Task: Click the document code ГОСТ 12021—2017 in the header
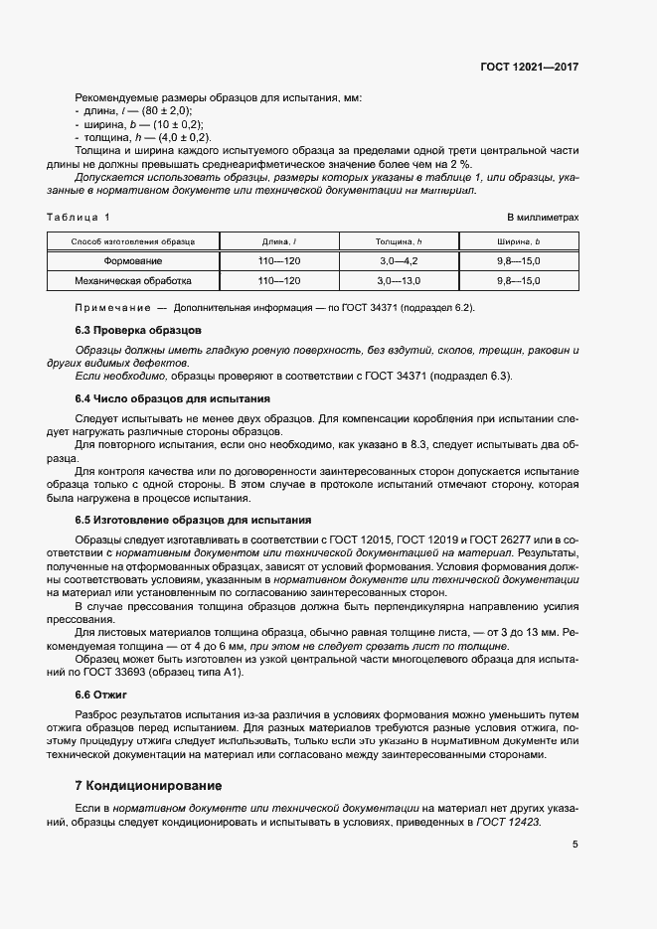click(529, 67)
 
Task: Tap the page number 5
click(575, 846)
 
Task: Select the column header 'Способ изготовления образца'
click(133, 241)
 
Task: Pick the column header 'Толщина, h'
click(399, 241)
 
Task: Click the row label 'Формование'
click(133, 261)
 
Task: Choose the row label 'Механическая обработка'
click(133, 281)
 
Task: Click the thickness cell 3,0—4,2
click(399, 261)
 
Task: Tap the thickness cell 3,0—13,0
click(399, 281)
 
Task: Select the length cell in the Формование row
click(278, 261)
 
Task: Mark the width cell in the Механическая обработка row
click(518, 281)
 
